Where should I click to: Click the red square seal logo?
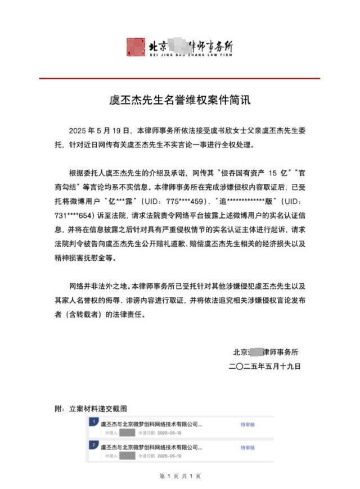(x=136, y=48)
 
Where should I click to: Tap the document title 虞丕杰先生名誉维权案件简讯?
(x=178, y=102)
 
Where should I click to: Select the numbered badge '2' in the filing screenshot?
(x=92, y=445)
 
